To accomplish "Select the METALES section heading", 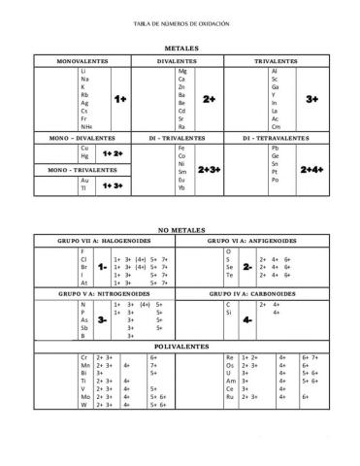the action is [180, 47].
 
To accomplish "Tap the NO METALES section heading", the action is [180, 229].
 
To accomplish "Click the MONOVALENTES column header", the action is [82, 60].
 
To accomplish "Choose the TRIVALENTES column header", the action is [276, 60].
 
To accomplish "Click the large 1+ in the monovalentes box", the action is [120, 99].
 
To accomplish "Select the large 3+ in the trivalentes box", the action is [311, 99].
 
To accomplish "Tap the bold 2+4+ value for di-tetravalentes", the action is [311, 169].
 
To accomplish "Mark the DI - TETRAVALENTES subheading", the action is [276, 138].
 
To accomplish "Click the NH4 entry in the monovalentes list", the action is [86, 126].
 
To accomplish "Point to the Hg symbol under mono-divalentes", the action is [85, 156].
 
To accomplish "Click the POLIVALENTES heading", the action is [180, 346].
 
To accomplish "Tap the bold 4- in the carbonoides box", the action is [247, 318].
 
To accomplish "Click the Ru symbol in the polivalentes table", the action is [229, 397].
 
